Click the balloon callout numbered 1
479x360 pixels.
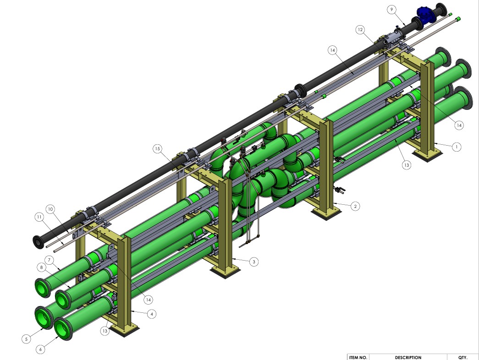point(457,147)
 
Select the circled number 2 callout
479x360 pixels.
point(355,206)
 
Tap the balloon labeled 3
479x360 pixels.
point(254,262)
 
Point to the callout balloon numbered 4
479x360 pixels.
point(152,314)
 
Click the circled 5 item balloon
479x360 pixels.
point(26,339)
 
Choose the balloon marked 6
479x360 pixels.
point(41,349)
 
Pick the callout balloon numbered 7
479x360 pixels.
point(49,261)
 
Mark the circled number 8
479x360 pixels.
point(42,267)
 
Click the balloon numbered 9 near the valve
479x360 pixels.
point(391,10)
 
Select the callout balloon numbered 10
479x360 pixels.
point(50,209)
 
